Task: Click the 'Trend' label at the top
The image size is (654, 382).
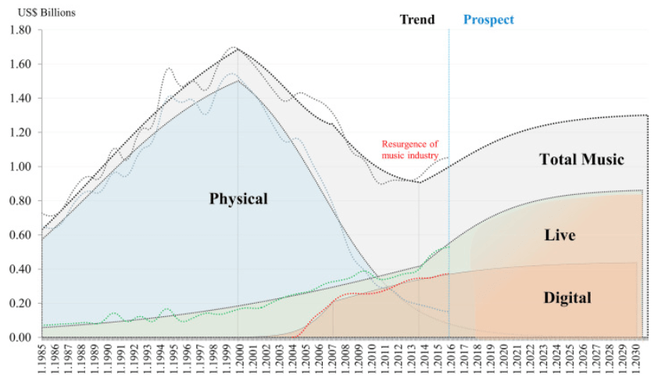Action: pos(417,20)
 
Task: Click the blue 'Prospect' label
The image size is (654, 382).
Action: pos(488,20)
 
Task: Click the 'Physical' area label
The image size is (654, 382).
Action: pos(238,199)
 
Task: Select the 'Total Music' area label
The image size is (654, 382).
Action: pos(582,160)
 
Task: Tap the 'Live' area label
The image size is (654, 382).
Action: pos(559,234)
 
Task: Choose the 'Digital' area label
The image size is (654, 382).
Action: pos(567,297)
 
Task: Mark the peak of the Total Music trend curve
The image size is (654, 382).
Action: pos(237,49)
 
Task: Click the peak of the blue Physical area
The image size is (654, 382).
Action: pos(237,81)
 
